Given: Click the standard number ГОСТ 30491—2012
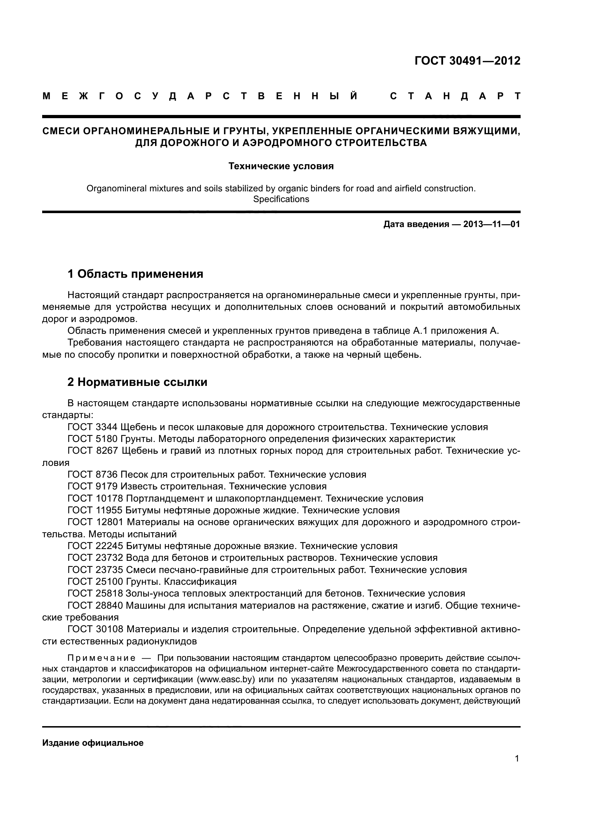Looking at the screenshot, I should click(467, 61).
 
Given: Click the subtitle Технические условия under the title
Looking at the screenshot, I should click(281, 167).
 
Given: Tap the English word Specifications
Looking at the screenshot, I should click(281, 199).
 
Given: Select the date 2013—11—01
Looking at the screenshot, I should click(491, 225).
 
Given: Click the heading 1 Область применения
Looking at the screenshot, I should click(135, 274).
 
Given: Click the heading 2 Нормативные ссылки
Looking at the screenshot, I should click(138, 382).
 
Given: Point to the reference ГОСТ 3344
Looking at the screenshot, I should click(93, 427).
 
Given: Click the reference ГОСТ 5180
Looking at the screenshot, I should click(93, 439).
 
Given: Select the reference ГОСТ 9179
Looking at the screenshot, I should click(93, 487).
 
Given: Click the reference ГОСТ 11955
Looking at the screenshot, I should click(95, 510).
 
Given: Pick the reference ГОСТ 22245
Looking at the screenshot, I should click(95, 546).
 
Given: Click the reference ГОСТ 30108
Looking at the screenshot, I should click(95, 629).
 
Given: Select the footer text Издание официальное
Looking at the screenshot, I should click(93, 743).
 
